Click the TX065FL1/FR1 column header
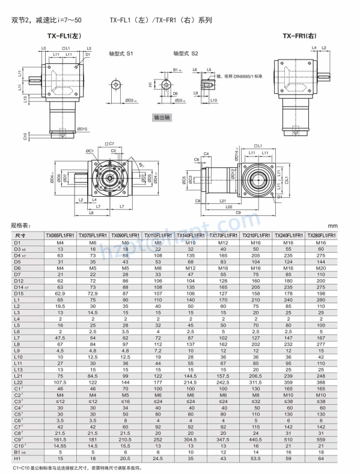click(61, 235)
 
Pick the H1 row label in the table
click(17, 458)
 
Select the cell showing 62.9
click(61, 294)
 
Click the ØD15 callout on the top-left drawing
click(83, 129)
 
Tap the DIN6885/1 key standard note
click(240, 77)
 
